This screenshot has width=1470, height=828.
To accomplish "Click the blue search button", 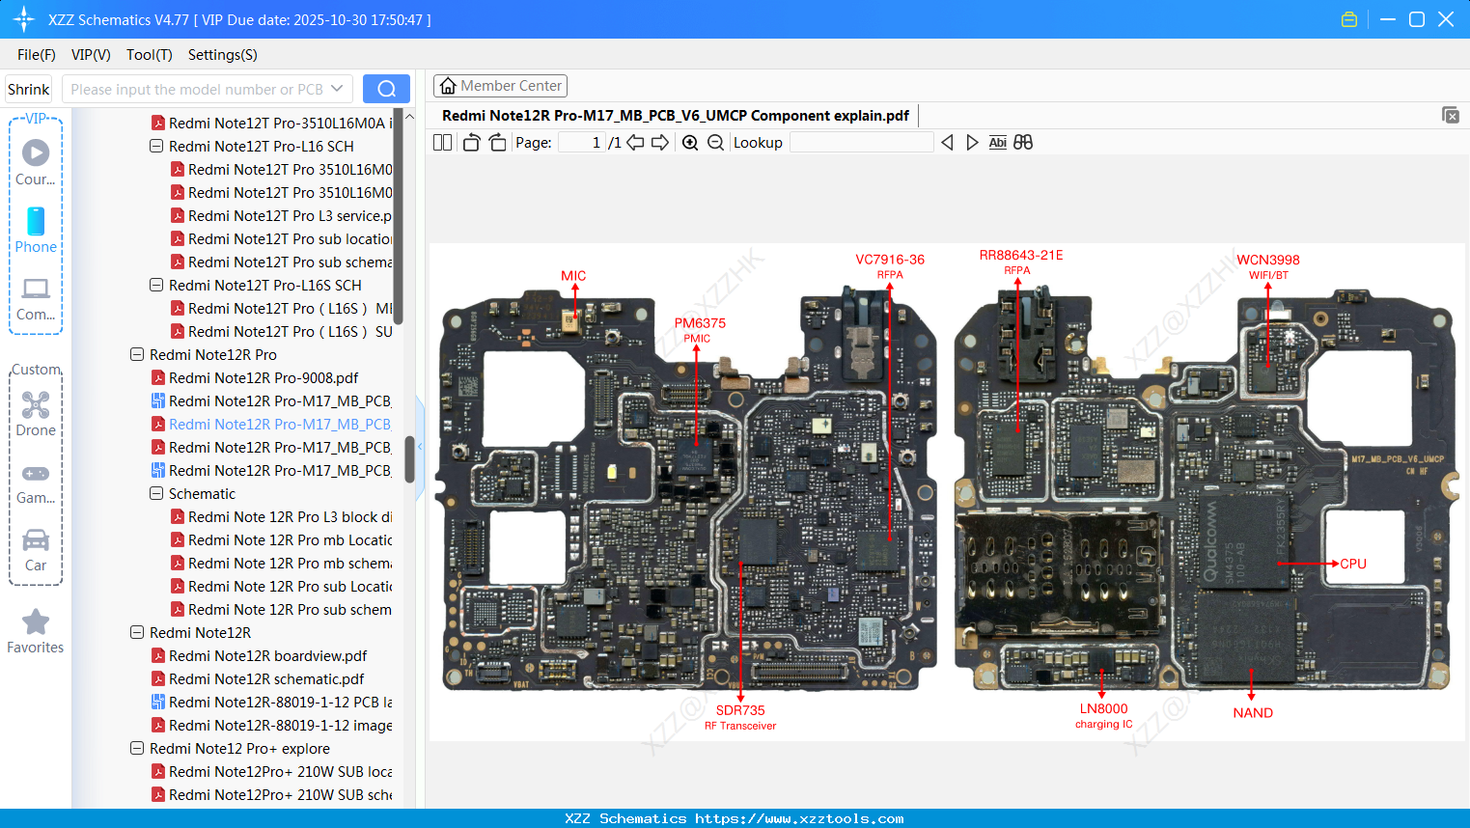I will [386, 89].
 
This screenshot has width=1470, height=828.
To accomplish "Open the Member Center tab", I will [500, 86].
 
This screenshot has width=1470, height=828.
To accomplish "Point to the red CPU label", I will [1352, 564].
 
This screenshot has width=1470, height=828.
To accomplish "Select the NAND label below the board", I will [1252, 713].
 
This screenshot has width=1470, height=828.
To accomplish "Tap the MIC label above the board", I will [573, 276].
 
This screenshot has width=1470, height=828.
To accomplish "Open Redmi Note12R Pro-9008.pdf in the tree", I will [263, 378].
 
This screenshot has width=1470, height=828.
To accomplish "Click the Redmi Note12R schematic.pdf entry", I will [265, 679].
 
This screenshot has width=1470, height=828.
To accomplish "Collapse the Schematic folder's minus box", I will [156, 494].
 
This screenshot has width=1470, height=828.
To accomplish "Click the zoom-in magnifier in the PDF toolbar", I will [690, 143].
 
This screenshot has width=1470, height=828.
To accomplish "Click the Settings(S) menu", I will [222, 55].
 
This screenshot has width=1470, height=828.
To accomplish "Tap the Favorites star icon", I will [36, 622].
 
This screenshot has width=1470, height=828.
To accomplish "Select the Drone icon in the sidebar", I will [36, 405].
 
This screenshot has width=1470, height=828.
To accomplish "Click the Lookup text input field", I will [861, 143].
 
